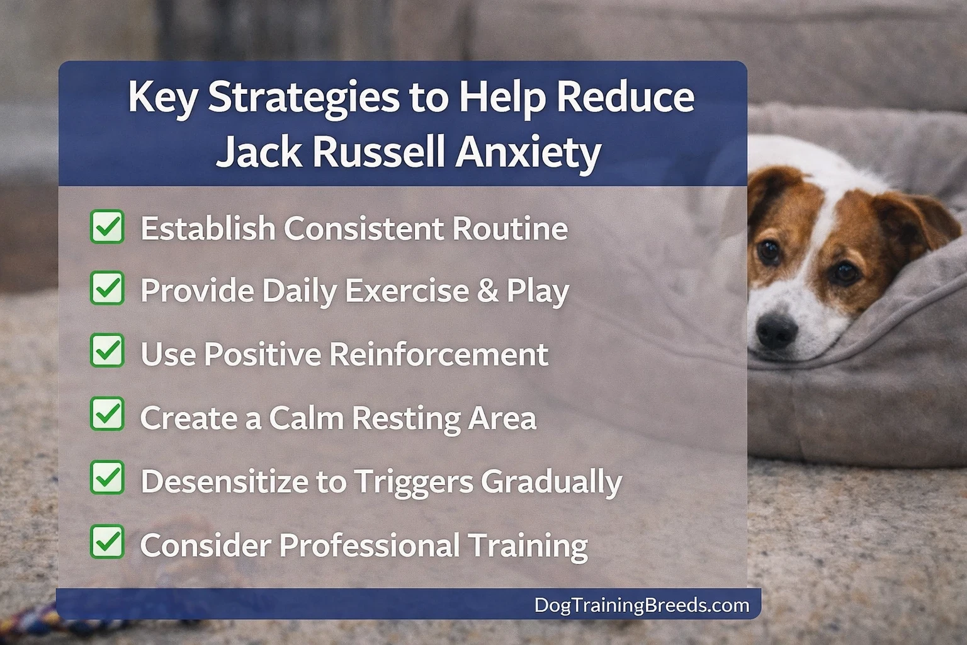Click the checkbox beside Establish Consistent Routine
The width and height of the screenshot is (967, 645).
[107, 227]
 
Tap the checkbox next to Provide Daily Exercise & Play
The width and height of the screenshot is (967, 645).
[107, 288]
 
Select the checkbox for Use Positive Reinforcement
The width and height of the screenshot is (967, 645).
[107, 351]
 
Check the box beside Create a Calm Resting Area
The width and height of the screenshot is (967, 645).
[107, 414]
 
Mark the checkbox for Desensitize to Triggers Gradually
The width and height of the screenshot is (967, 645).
[107, 478]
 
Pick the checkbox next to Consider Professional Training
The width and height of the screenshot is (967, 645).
[107, 542]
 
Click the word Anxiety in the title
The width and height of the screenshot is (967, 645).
[528, 152]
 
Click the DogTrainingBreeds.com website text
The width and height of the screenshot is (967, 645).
[642, 605]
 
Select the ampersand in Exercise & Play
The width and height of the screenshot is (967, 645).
[487, 290]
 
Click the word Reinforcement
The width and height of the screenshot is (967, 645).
[439, 354]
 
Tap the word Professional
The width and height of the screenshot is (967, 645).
[369, 545]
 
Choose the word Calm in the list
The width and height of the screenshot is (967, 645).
[306, 418]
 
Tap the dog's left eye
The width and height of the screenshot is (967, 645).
[769, 251]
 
